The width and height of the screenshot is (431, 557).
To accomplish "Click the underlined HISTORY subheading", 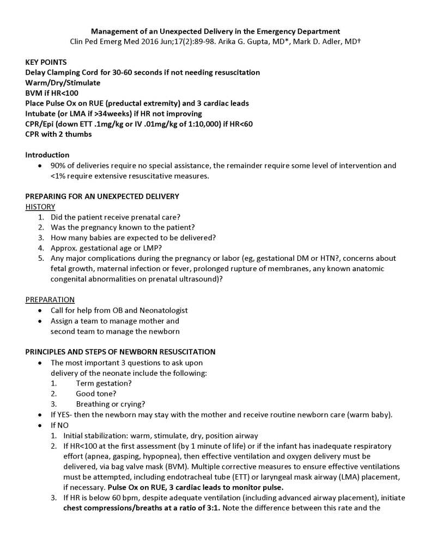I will pyautogui.click(x=40, y=206).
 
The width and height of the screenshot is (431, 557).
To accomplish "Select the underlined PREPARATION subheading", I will pyautogui.click(x=50, y=299).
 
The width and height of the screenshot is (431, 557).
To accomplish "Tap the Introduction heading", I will pyautogui.click(x=47, y=155).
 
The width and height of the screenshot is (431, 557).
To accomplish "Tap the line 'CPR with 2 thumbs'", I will pyautogui.click(x=58, y=134).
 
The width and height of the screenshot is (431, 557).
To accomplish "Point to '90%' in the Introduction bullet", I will pyautogui.click(x=58, y=166).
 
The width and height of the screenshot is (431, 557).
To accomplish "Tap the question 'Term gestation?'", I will pyautogui.click(x=104, y=383).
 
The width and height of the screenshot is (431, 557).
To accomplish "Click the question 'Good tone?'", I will pyautogui.click(x=96, y=394).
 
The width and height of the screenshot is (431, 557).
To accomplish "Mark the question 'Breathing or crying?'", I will pyautogui.click(x=110, y=404).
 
